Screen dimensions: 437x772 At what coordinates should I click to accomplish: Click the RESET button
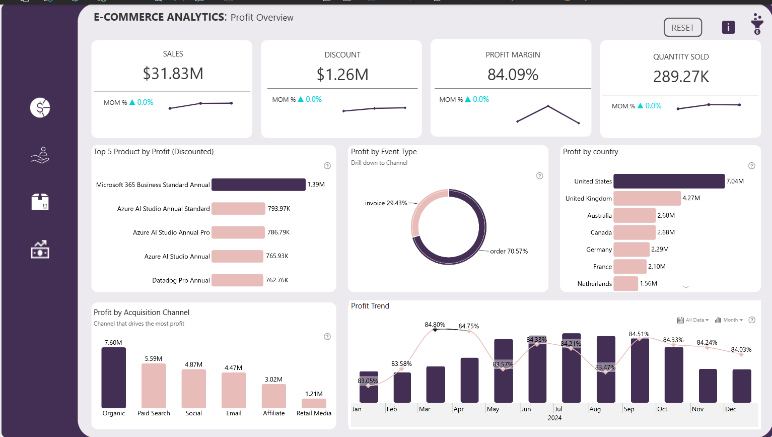point(682,28)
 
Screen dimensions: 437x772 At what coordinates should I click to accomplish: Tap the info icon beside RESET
point(728,27)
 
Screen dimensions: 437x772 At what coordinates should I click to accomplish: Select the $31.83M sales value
point(173,74)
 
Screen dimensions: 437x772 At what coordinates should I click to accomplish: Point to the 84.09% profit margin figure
point(513,75)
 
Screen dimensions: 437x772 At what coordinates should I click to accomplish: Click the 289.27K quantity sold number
point(681,77)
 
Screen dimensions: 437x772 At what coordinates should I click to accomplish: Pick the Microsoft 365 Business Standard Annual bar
point(258,184)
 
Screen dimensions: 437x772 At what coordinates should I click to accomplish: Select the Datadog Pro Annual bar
point(237,280)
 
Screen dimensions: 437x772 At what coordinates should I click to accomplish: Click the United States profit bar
point(669,181)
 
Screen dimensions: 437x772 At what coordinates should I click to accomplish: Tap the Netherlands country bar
point(625,284)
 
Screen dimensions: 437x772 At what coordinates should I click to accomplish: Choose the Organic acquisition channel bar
point(114,378)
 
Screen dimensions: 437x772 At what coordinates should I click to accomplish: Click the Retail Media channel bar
point(314,403)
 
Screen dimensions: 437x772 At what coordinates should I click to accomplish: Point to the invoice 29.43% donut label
point(386,203)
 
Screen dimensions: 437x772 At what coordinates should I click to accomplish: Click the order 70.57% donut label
point(509,251)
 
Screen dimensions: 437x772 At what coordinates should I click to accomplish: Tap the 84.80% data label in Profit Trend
point(435,325)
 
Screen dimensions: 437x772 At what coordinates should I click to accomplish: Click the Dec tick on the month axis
point(730,409)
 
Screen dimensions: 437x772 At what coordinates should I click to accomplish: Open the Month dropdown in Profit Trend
point(729,320)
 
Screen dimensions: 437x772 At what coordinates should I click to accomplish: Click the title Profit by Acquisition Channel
point(142,313)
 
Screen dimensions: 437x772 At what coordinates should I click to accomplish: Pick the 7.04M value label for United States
point(735,181)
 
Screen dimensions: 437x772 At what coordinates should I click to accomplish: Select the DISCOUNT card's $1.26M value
point(342,75)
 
